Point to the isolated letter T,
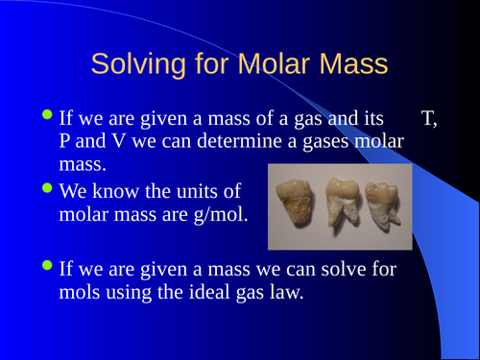[429, 119]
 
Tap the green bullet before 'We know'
[49, 190]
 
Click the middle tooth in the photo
[347, 203]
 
